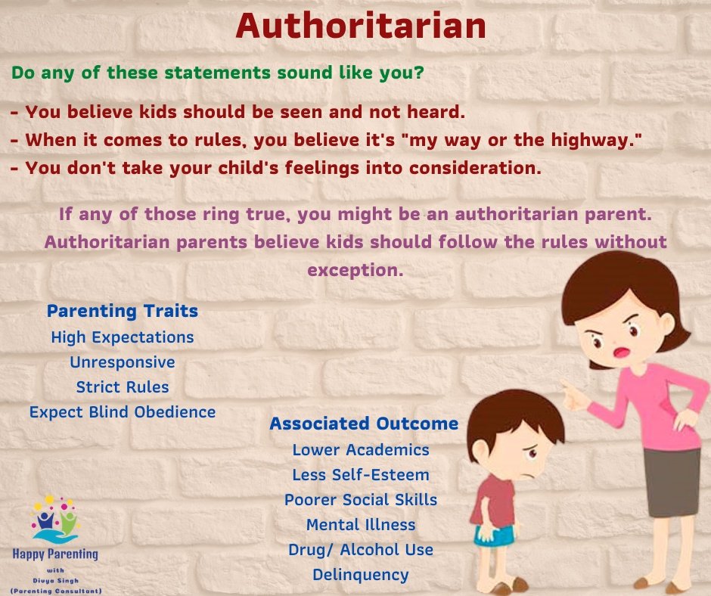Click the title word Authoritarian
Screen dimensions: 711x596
pos(361,26)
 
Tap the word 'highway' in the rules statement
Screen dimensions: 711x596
pos(593,140)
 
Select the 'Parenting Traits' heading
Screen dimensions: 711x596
pos(123,311)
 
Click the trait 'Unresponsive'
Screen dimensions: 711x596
pos(123,362)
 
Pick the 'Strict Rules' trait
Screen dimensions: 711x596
pos(123,387)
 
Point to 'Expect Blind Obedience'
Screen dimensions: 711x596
pos(123,412)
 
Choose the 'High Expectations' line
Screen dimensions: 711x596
pos(123,337)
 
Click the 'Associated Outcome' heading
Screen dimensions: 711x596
pos(364,424)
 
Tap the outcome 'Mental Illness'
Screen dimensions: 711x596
pos(361,525)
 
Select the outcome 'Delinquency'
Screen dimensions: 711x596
pos(361,575)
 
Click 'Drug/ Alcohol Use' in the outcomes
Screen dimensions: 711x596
pos(361,550)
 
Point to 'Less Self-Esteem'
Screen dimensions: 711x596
pos(361,475)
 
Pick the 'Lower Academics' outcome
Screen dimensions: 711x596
pos(361,450)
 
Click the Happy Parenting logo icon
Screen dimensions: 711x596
pos(55,520)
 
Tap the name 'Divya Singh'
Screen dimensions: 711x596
pos(56,581)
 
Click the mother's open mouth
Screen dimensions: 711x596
pos(621,352)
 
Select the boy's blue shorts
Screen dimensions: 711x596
pos(494,535)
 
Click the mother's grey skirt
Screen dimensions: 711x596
pos(671,482)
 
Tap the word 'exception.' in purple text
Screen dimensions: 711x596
pos(355,270)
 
